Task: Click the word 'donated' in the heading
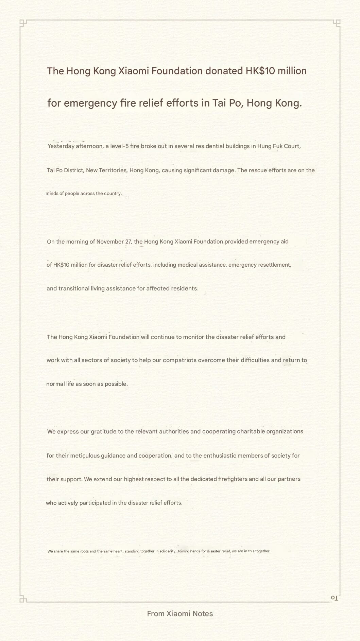pos(224,71)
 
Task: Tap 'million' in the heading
pos(292,71)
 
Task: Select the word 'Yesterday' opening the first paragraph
pos(61,146)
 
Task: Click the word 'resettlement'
pos(274,265)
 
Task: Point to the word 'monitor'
pos(193,337)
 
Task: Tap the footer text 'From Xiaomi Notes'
pos(180,613)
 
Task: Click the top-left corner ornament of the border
pos(22,22)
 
